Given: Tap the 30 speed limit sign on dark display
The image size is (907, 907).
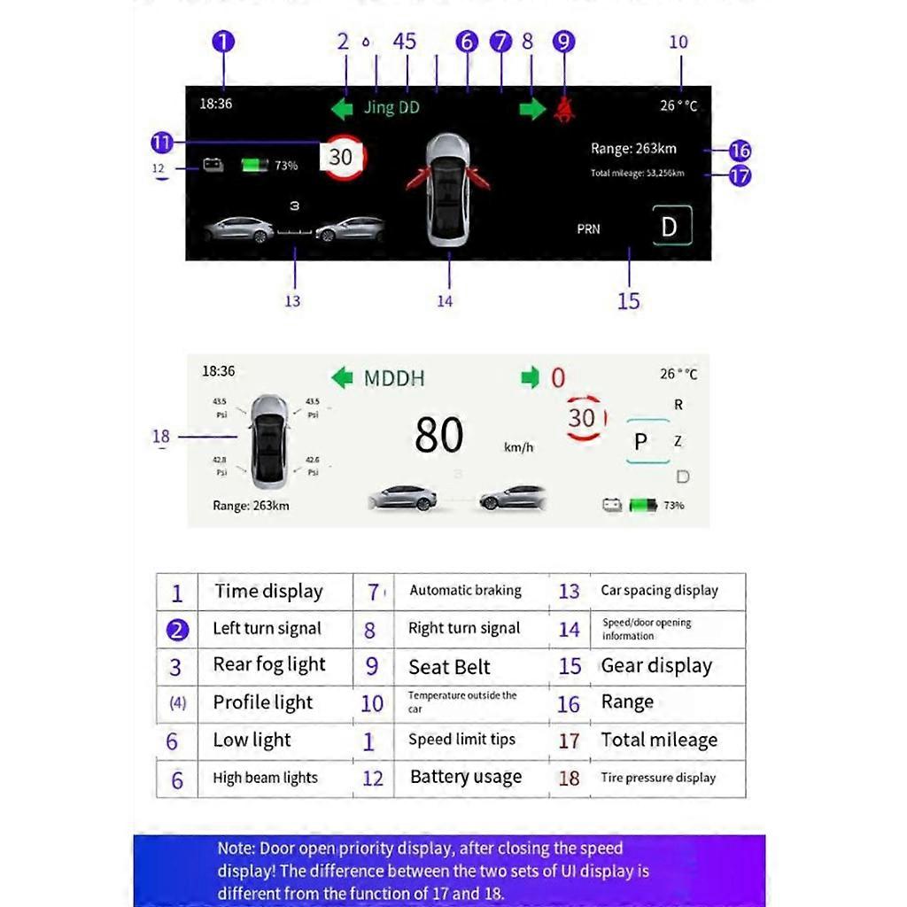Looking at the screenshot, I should click(x=341, y=158).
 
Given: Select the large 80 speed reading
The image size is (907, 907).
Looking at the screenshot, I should click(x=439, y=436).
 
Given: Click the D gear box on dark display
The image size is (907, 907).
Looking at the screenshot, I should click(x=671, y=227).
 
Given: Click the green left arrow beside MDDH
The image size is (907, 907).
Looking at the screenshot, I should click(x=342, y=378).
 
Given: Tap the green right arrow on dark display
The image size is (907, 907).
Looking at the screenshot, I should click(x=532, y=109).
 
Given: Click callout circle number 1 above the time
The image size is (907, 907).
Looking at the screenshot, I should click(x=224, y=41).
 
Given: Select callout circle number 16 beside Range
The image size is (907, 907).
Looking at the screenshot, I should click(x=740, y=150).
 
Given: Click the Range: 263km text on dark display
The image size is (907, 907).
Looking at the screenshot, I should click(x=633, y=149).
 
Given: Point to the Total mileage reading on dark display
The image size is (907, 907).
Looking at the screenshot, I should click(x=637, y=174).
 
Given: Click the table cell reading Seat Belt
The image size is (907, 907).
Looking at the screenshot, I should click(x=449, y=667).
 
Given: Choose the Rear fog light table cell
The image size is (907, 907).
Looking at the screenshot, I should click(x=269, y=665).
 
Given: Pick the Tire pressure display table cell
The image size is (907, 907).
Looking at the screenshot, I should click(x=658, y=778).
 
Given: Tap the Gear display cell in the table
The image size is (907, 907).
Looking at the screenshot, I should click(x=656, y=666).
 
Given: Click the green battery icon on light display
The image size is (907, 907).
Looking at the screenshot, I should click(x=643, y=506).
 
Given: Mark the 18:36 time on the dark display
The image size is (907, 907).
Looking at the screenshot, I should click(x=215, y=104).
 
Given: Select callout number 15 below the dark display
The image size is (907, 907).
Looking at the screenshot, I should click(x=629, y=301).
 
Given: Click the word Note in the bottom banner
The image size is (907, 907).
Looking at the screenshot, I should click(x=236, y=849).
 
